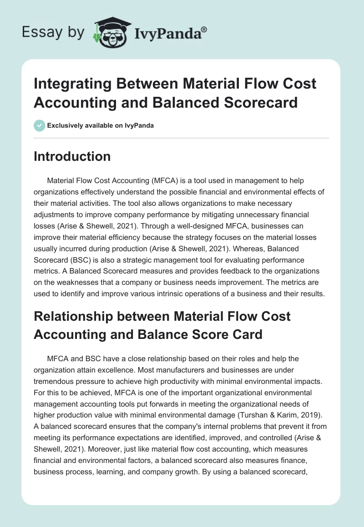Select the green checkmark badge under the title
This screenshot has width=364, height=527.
point(40,125)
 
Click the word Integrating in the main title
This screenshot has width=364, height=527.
point(76,84)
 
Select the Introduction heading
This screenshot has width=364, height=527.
point(72,156)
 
